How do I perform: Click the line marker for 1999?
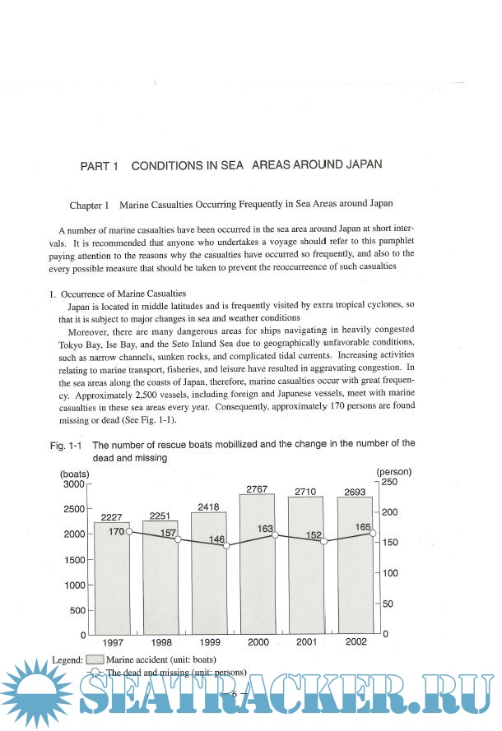227,546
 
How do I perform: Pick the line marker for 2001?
324,542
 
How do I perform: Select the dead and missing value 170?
115,532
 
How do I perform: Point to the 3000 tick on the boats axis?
73,483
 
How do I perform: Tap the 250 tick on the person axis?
389,482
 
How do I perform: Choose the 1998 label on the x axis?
161,642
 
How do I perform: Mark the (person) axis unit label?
393,471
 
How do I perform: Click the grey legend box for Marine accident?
95,659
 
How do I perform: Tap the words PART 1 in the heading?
100,166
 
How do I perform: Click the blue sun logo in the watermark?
33,693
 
